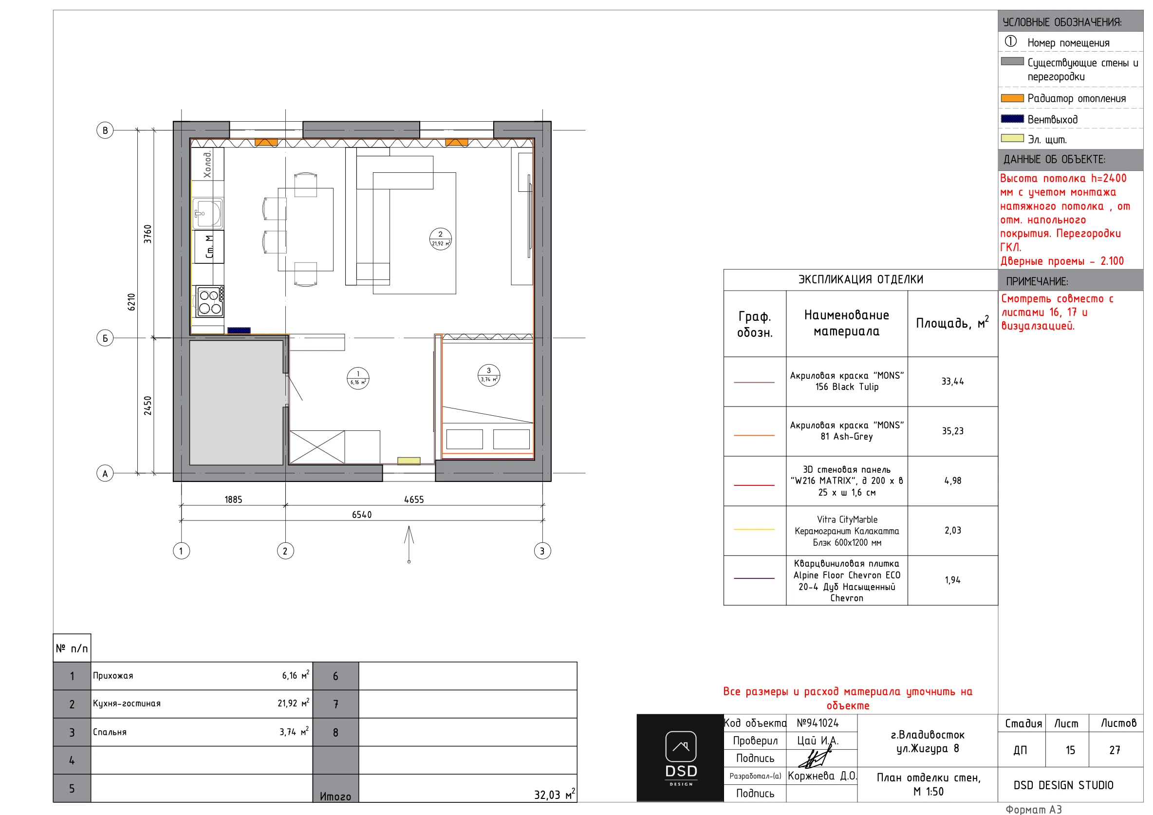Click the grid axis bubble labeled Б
tap(105, 338)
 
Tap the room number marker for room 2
tap(441, 239)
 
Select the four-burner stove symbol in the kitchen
tap(210, 301)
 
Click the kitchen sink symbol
tap(207, 213)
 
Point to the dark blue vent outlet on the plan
tap(239, 331)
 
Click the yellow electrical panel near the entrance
tap(409, 461)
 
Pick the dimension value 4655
tap(414, 500)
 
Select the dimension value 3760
tap(148, 234)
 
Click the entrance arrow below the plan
tap(409, 544)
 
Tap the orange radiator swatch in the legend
tap(1012, 98)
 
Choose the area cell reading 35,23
tap(952, 431)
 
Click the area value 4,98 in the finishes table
tap(952, 481)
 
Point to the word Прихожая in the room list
tap(113, 675)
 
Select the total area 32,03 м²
tap(555, 795)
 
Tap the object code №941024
tap(818, 722)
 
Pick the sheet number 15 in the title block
tap(1070, 750)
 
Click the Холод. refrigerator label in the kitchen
tap(207, 164)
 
